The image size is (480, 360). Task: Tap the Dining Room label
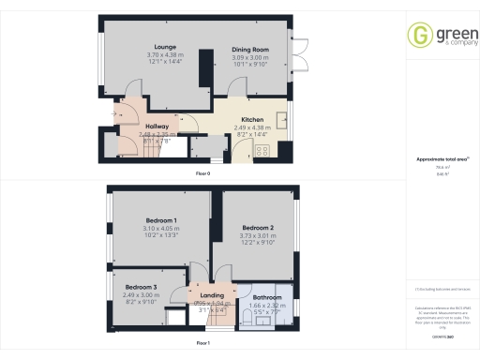[x=250, y=49]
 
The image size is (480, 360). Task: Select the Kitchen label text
[x=251, y=120]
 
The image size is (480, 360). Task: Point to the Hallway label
[x=157, y=126]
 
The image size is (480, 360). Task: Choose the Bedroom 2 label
[x=257, y=228]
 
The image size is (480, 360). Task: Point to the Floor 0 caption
[x=202, y=173]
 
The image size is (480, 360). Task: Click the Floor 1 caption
[x=202, y=344]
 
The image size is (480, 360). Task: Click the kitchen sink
[x=282, y=120]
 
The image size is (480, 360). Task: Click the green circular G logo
[x=418, y=36]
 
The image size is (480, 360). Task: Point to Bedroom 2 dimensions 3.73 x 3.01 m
[x=257, y=236]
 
